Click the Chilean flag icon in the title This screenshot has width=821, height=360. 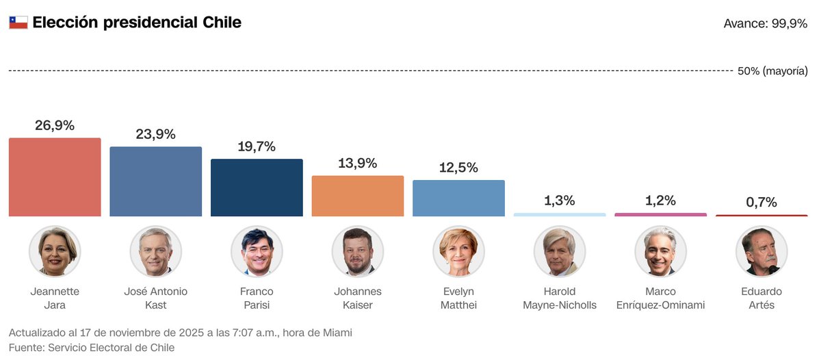[18, 23]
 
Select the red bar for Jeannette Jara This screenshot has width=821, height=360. [55, 177]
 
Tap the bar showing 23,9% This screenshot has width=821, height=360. [156, 181]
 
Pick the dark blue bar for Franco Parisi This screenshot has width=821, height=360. [257, 188]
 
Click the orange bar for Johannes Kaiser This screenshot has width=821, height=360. [358, 196]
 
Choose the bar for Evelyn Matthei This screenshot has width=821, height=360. [458, 198]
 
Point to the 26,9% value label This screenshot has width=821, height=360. [55, 125]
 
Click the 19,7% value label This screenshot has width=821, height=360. [257, 146]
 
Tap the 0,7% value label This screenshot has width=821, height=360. [761, 202]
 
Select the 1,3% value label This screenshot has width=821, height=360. [560, 201]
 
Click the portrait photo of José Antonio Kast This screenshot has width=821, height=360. [156, 251]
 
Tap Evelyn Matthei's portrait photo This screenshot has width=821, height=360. [458, 251]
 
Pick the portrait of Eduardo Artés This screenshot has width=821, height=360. [761, 251]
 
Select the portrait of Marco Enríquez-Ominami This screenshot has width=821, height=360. [660, 251]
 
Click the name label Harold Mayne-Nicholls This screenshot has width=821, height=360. [560, 298]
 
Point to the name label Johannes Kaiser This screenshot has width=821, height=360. [358, 298]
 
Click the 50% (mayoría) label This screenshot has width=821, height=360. [772, 71]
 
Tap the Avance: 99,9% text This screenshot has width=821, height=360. [765, 23]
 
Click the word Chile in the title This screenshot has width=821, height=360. [222, 22]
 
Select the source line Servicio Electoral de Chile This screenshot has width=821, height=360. [92, 348]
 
